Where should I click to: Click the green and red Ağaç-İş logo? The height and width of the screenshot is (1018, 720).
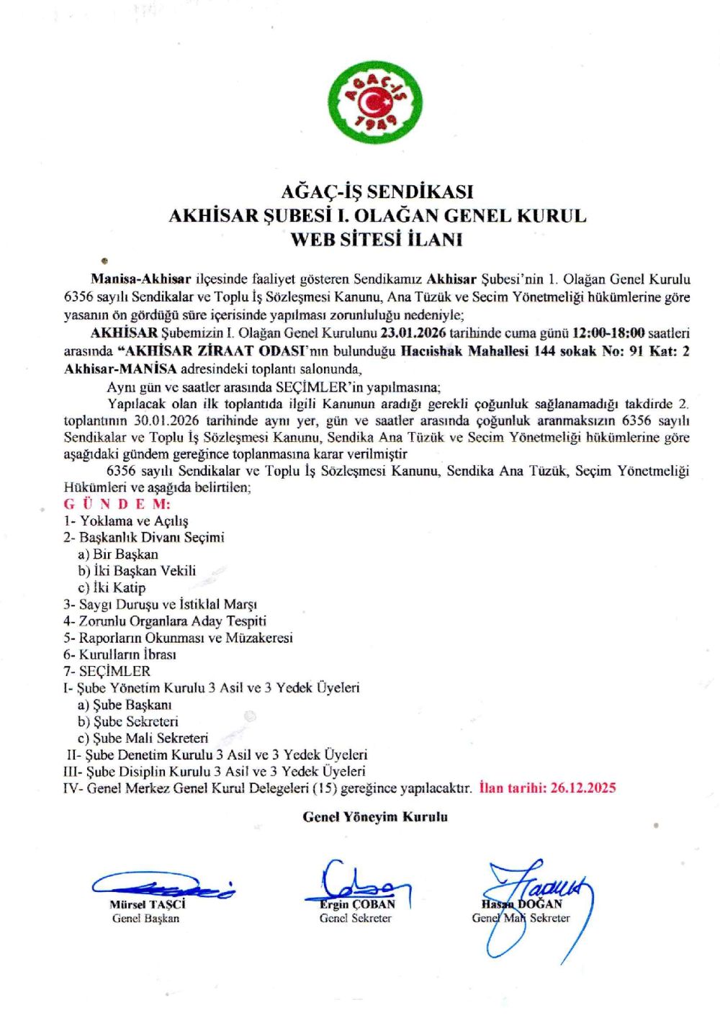click(375, 104)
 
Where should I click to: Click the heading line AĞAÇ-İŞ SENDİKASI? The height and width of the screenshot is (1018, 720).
click(377, 192)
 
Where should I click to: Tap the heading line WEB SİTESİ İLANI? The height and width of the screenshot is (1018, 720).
click(377, 239)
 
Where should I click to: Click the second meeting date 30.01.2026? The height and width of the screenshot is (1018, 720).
click(166, 420)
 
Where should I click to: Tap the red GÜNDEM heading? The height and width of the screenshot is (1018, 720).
click(117, 504)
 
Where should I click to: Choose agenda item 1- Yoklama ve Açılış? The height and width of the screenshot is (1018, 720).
click(126, 521)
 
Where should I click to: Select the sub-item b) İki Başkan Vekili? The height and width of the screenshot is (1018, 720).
click(137, 571)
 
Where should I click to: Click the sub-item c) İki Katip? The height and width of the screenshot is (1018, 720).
click(112, 587)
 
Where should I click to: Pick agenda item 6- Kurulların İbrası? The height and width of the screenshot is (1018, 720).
click(120, 654)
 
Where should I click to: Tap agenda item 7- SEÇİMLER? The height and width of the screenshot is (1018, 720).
click(107, 671)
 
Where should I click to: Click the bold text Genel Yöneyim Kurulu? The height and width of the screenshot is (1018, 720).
click(375, 816)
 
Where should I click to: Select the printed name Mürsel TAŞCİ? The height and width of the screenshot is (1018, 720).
click(148, 904)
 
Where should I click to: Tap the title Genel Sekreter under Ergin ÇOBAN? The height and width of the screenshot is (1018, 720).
click(356, 918)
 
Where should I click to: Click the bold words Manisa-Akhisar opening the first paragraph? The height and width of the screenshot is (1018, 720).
click(141, 279)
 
